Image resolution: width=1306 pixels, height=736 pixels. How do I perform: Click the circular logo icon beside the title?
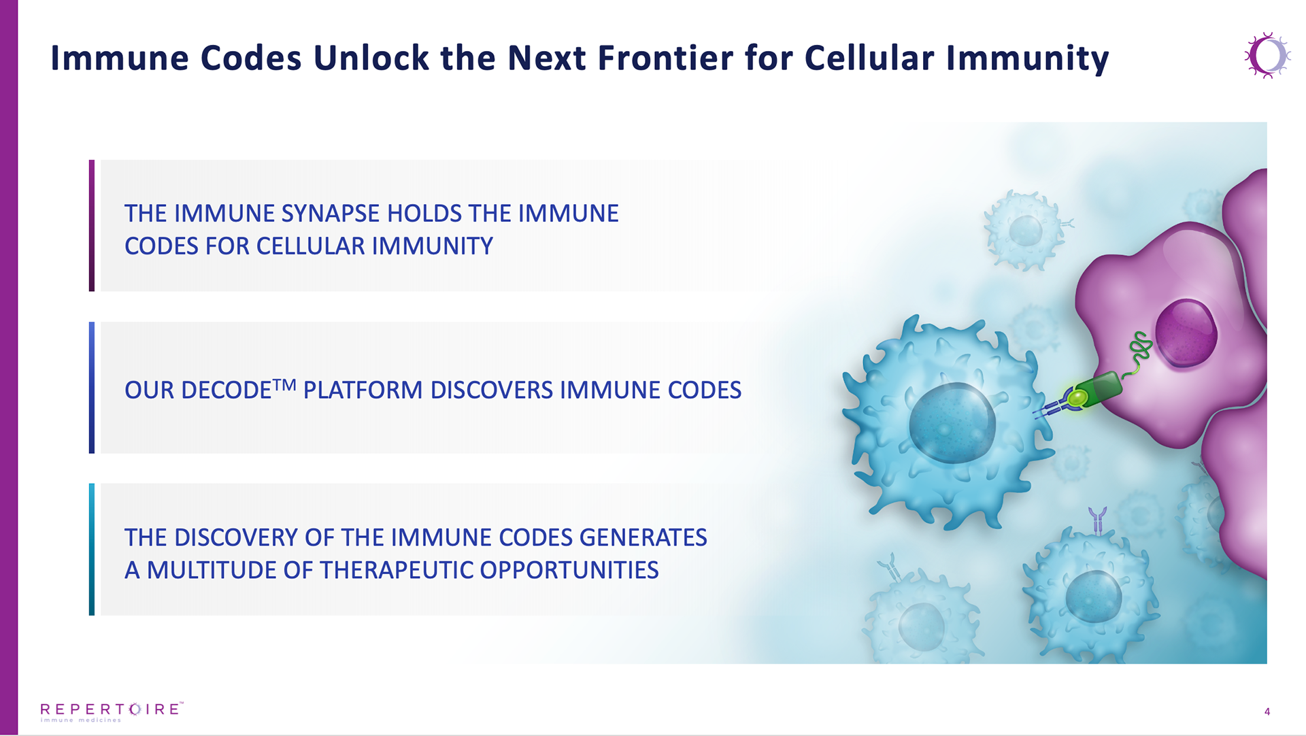click(1267, 56)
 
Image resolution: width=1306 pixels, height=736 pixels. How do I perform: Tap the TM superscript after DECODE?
click(284, 385)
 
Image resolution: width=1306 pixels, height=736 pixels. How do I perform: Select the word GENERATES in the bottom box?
click(643, 537)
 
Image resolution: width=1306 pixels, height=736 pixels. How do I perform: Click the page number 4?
click(1267, 712)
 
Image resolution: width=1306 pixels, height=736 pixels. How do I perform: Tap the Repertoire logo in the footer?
click(112, 712)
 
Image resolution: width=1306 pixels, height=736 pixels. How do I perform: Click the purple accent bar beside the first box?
click(92, 226)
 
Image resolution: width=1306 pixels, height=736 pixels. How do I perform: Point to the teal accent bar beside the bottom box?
click(92, 550)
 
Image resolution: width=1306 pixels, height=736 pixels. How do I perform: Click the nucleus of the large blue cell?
click(952, 422)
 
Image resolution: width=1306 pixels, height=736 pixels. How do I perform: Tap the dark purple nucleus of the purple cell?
click(1186, 333)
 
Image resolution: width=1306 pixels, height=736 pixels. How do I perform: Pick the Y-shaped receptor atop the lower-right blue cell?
click(1097, 520)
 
